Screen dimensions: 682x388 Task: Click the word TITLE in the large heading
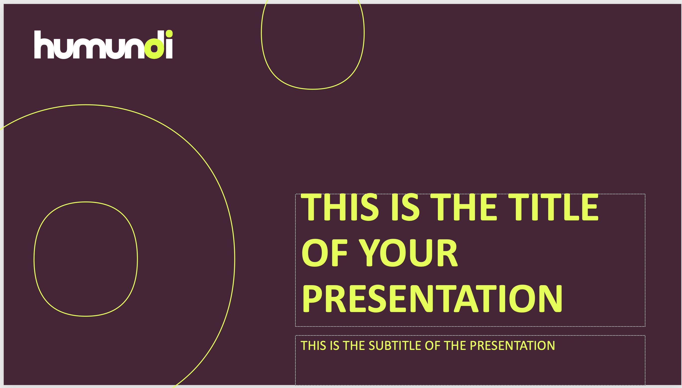pos(553,207)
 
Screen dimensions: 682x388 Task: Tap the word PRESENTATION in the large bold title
pos(432,298)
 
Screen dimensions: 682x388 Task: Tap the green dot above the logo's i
pos(169,34)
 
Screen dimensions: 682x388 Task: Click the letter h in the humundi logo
pos(44,45)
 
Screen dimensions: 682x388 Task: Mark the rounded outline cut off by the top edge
pos(313,89)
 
